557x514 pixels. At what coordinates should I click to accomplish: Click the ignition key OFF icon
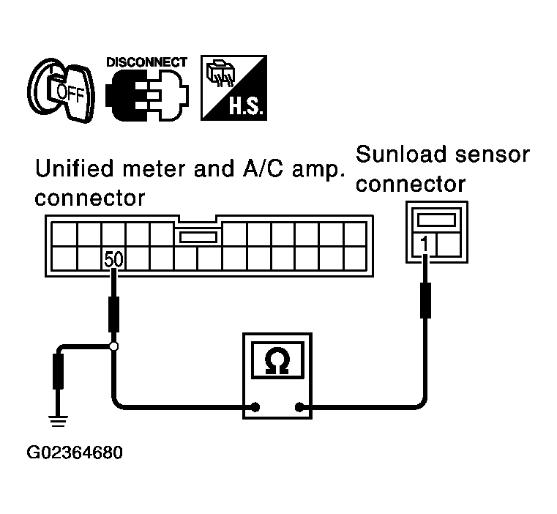click(61, 91)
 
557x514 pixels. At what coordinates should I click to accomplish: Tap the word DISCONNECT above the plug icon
click(146, 62)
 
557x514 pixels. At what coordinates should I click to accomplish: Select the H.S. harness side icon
click(233, 88)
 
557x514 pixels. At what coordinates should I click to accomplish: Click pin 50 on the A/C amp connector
click(113, 259)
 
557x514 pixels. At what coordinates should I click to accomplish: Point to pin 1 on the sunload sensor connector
click(424, 245)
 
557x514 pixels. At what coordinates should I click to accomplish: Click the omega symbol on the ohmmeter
click(277, 360)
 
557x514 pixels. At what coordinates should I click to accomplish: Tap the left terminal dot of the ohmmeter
click(255, 407)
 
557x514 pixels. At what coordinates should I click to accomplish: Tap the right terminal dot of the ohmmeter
click(299, 407)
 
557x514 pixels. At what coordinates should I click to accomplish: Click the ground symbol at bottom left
click(58, 421)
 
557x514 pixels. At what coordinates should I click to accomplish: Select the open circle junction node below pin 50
click(113, 346)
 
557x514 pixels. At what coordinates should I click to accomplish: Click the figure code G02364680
click(75, 452)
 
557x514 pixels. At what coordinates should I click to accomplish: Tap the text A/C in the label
click(263, 168)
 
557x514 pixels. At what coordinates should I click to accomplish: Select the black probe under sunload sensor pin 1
click(425, 300)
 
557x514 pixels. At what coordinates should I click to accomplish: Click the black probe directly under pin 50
click(113, 315)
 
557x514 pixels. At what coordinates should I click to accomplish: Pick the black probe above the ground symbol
click(59, 371)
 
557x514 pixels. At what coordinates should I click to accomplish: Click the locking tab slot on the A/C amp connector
click(198, 237)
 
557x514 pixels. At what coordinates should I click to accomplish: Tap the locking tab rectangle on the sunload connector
click(436, 220)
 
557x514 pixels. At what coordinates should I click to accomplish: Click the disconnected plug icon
click(147, 95)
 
